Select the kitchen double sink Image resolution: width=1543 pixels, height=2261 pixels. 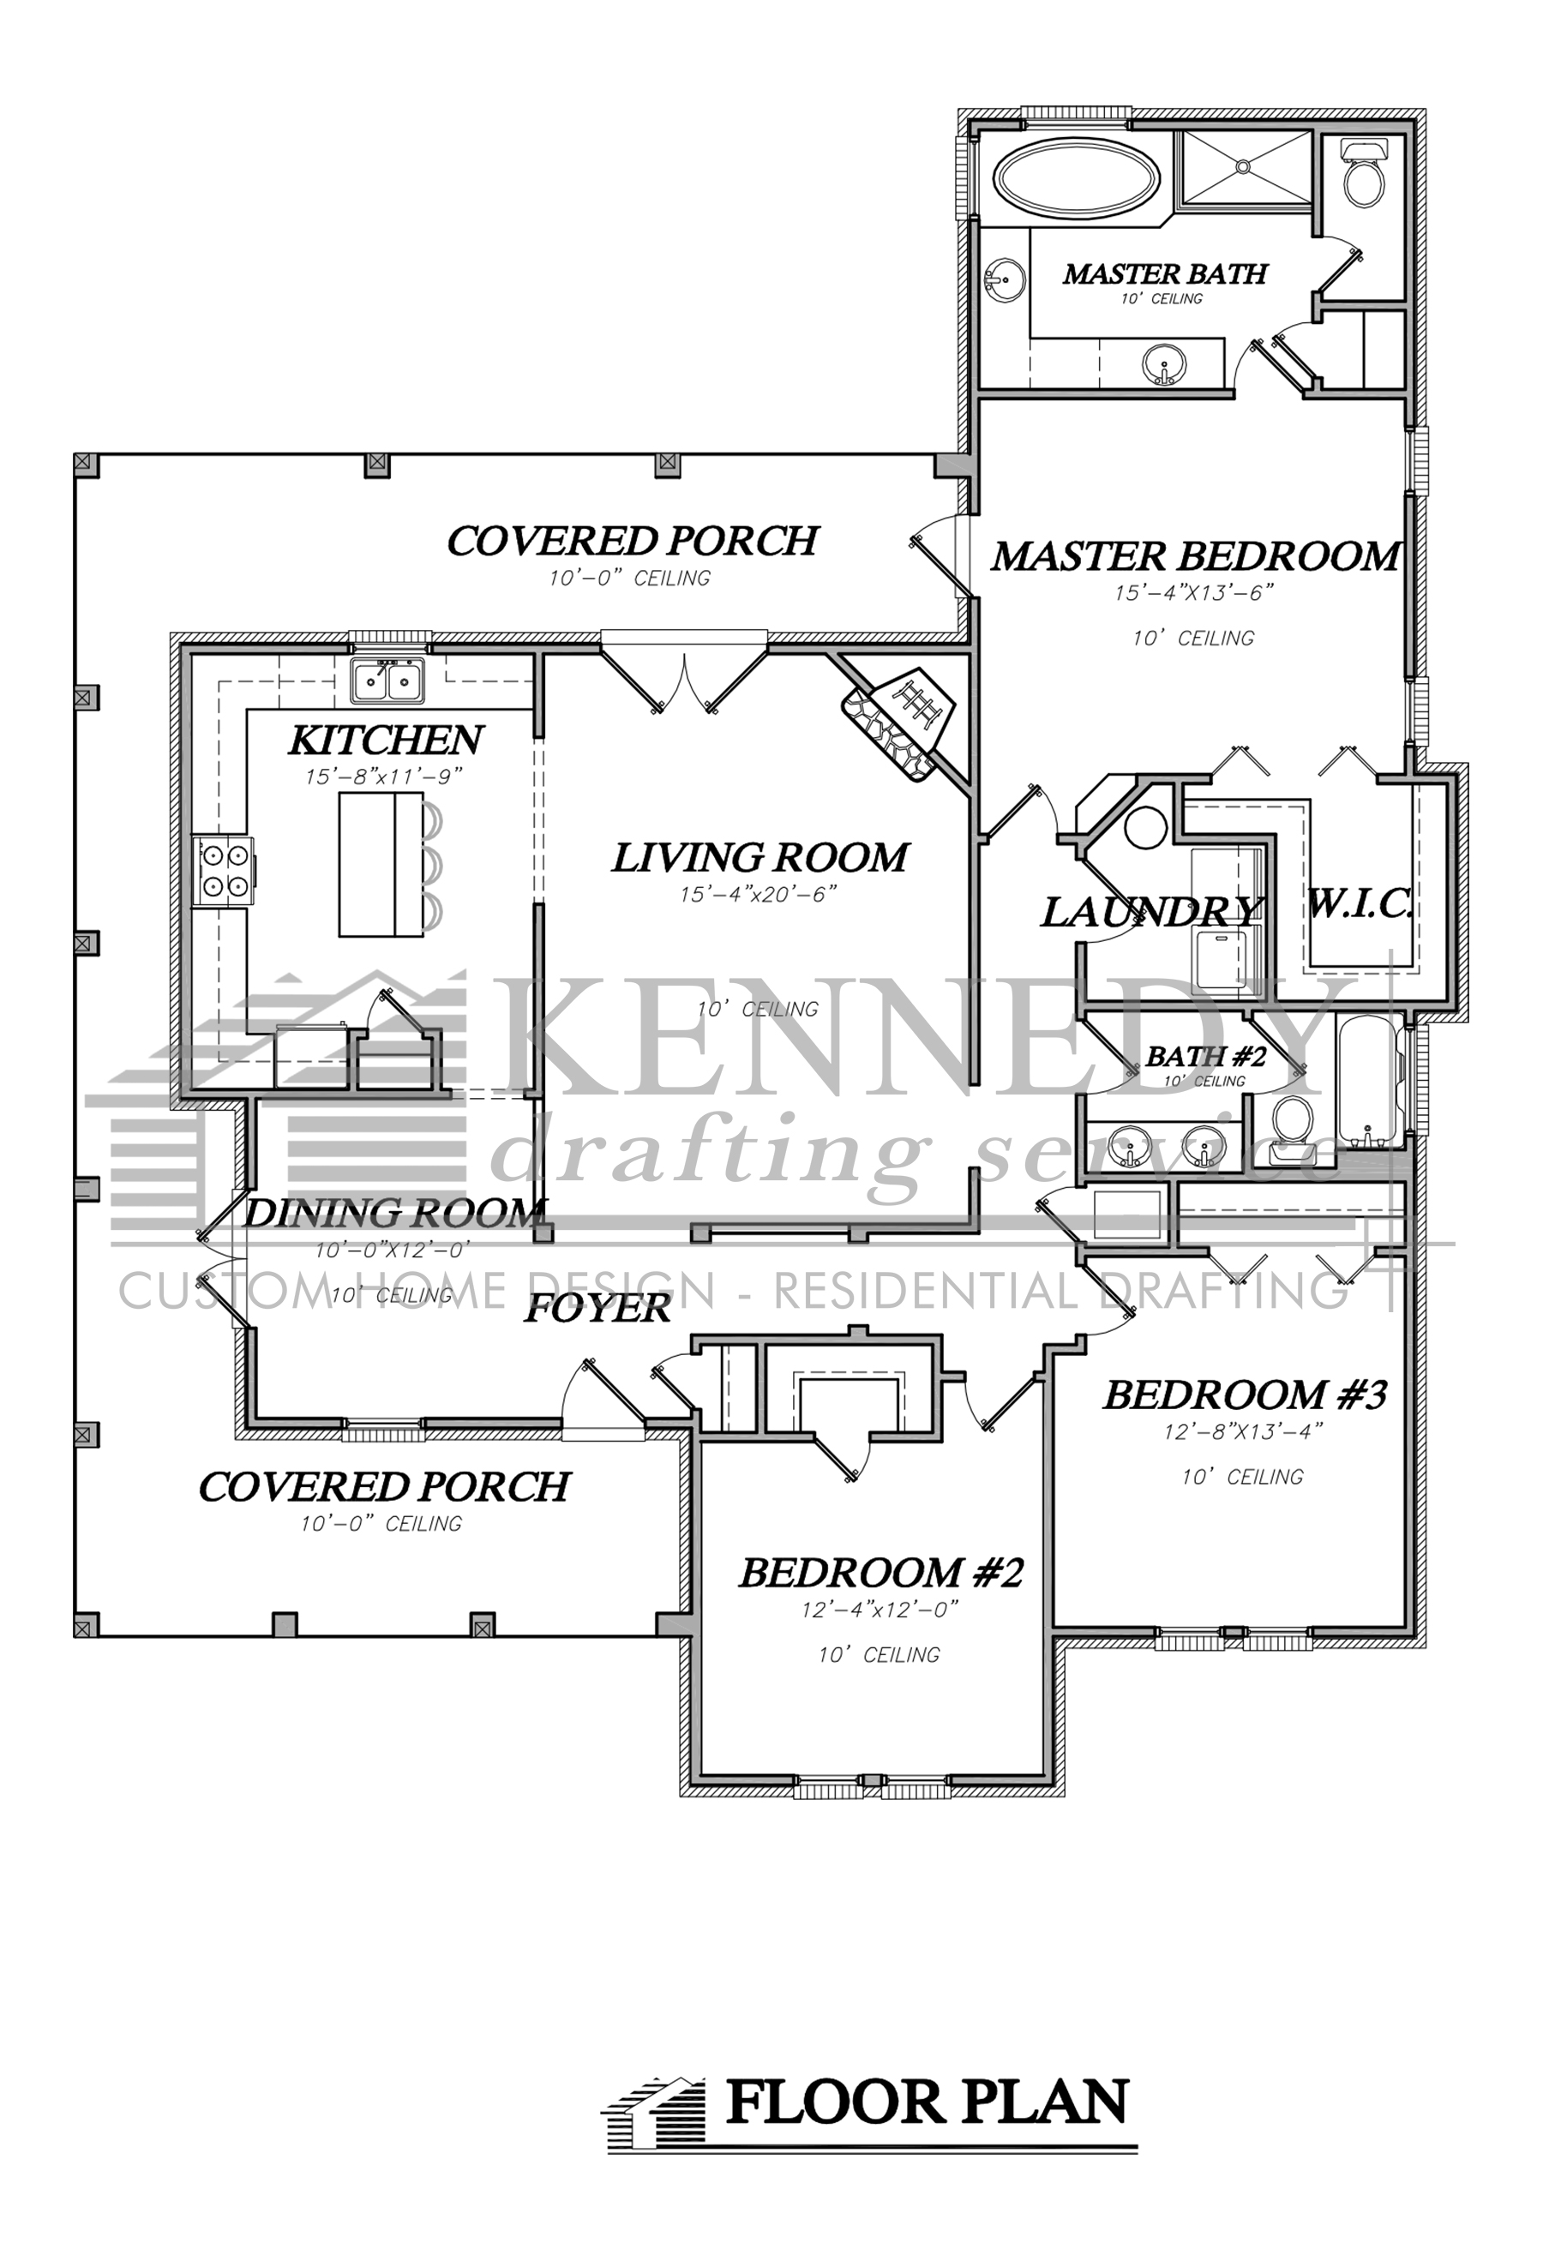point(387,679)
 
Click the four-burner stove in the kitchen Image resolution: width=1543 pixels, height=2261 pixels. point(223,871)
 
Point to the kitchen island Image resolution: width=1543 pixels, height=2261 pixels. point(381,865)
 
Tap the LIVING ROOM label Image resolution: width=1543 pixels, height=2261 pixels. point(759,858)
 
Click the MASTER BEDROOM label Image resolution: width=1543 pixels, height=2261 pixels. point(1195,556)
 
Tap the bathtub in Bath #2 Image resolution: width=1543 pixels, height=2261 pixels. point(1368,1080)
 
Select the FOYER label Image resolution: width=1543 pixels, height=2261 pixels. point(597,1309)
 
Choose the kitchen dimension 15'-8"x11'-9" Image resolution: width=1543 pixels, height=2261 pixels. point(384,777)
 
